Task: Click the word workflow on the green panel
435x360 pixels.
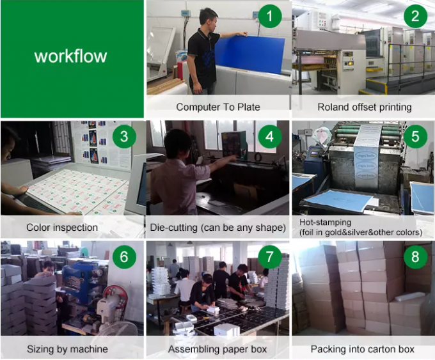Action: point(71,56)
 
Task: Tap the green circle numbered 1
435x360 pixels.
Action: point(270,16)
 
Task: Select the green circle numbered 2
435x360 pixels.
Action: point(415,16)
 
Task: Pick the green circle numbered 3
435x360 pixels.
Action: point(124,136)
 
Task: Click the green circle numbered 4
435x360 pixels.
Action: point(270,136)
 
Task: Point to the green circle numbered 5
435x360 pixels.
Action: point(415,136)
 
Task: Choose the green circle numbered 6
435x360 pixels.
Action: point(124,257)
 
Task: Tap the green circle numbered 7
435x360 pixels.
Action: point(270,257)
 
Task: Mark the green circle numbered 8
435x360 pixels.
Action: point(415,257)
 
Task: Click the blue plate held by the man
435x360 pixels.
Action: point(249,54)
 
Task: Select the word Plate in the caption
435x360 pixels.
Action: point(249,107)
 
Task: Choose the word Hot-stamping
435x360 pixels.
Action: point(325,223)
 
